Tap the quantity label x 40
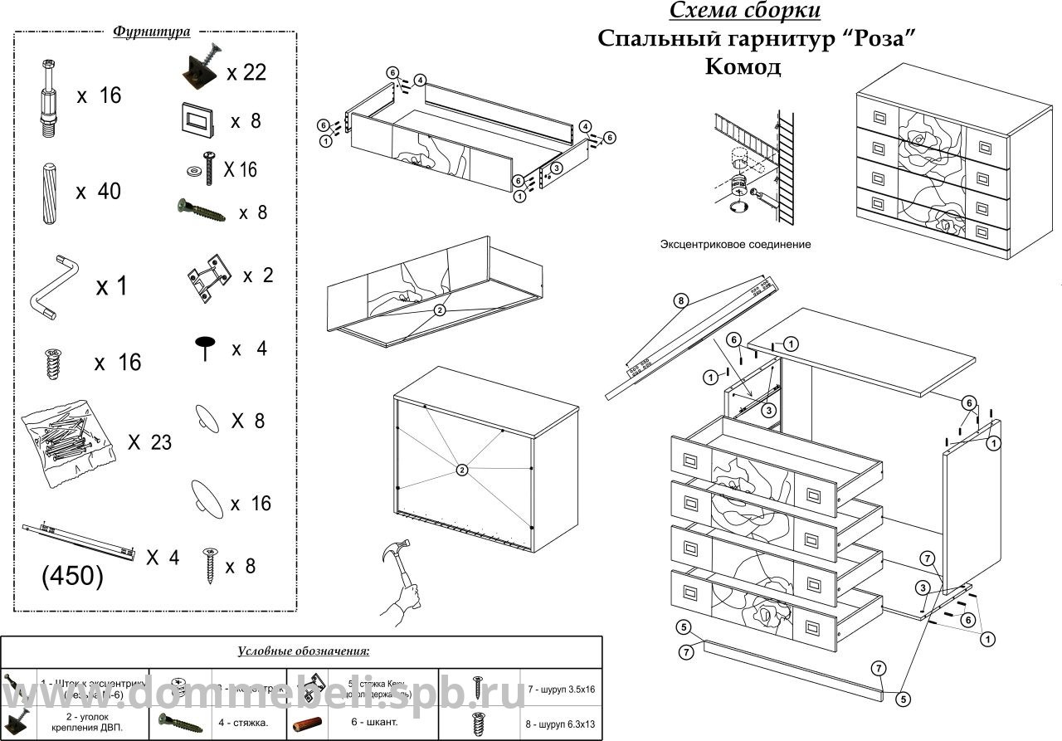coord(98,192)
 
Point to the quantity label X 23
coord(149,442)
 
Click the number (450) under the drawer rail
coord(72,577)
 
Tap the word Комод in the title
coord(743,66)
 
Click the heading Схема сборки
coord(744,11)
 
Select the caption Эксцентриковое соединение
coord(735,245)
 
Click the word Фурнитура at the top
coord(152,32)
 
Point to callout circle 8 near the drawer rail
coord(680,301)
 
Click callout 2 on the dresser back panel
coord(462,470)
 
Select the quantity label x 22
coord(246,72)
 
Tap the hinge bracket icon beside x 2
coord(207,275)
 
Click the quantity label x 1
coord(112,287)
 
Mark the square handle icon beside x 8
coord(197,120)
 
